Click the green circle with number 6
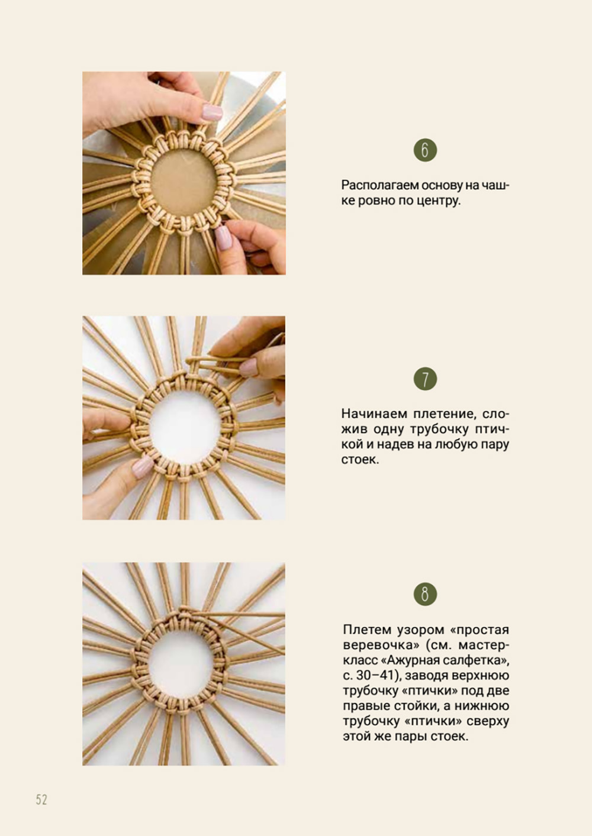425,150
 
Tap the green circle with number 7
425,379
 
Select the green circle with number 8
425,594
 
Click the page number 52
41,799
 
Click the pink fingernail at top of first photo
212,112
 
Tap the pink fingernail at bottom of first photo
224,237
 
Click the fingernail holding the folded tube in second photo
248,367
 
